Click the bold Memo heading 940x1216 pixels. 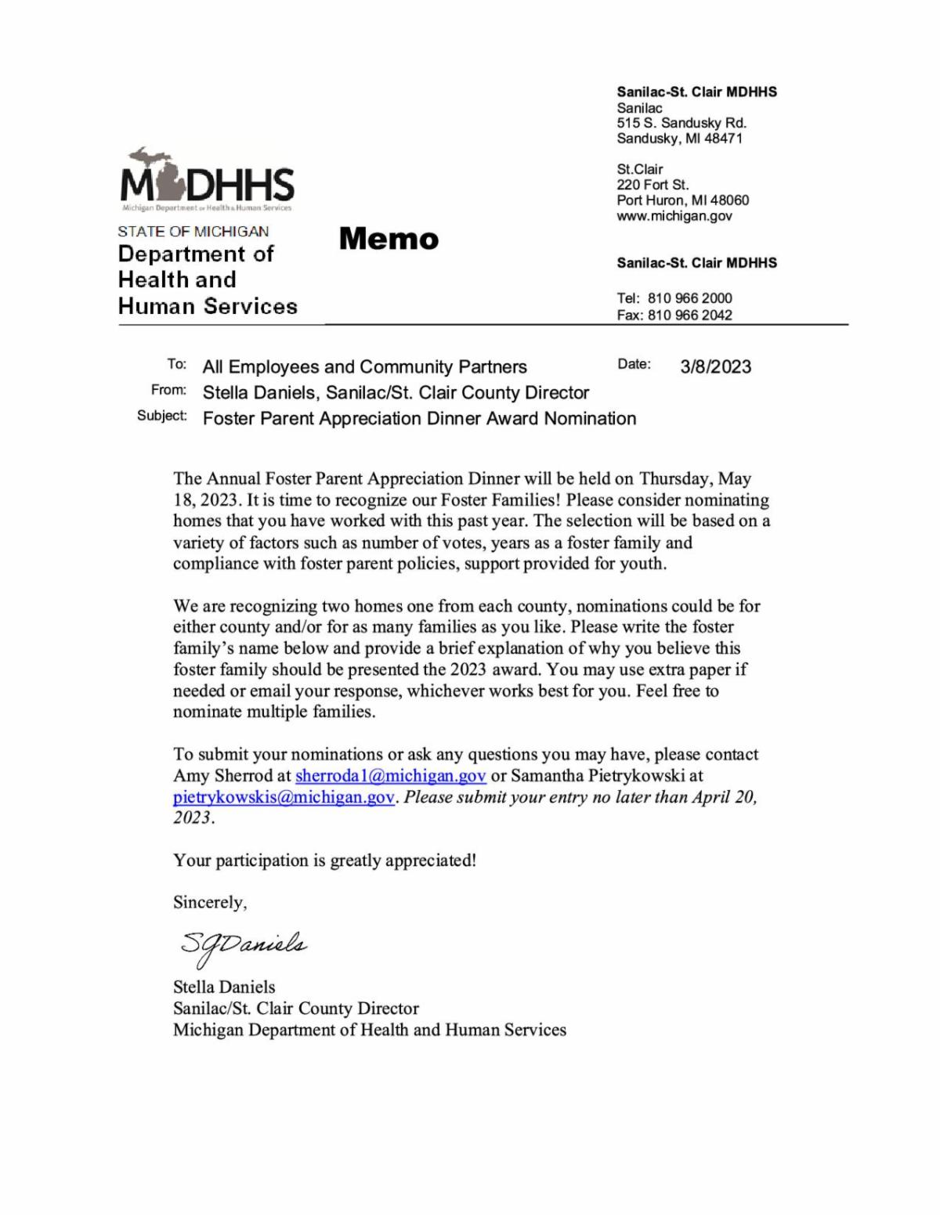coord(389,239)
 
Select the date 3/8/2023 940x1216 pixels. coord(715,367)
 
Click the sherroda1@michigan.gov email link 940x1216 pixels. coord(390,776)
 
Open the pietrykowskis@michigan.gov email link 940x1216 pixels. coord(284,797)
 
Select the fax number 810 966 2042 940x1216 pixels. coord(689,315)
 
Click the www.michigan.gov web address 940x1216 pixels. coord(674,216)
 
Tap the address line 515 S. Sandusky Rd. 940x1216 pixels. coord(681,123)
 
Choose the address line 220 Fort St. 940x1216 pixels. coord(653,185)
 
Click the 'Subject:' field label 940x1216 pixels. coord(162,416)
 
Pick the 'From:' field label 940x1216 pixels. coord(169,390)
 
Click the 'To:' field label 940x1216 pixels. coord(176,364)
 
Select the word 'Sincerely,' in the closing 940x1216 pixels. coord(210,903)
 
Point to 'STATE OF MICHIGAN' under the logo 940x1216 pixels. coord(193,232)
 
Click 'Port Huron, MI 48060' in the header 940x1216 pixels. coord(682,200)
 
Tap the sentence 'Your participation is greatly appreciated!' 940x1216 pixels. coord(324,861)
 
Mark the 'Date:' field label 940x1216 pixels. coord(634,364)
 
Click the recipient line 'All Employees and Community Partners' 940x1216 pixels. coord(364,367)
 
